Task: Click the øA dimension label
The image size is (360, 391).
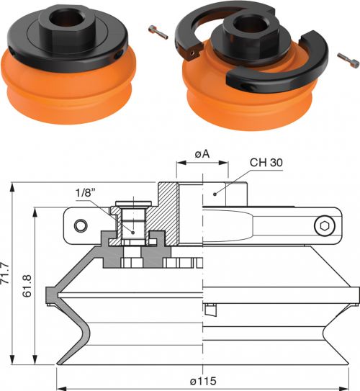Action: click(202, 154)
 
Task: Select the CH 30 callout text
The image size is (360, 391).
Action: click(266, 163)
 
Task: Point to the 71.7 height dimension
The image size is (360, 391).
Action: click(5, 273)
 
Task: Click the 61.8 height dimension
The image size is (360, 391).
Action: click(27, 286)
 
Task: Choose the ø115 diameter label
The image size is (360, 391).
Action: click(203, 381)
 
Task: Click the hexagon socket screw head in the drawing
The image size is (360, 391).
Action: click(324, 226)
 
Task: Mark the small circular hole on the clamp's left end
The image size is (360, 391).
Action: click(81, 225)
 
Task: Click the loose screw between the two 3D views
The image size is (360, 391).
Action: click(158, 32)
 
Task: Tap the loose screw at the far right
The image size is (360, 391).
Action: click(348, 60)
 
